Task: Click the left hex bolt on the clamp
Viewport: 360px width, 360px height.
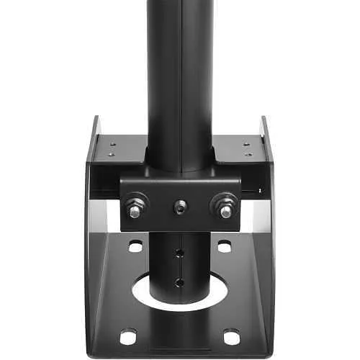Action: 135,208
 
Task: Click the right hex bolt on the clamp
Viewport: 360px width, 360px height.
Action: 225,208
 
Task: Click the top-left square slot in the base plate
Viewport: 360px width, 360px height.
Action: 135,246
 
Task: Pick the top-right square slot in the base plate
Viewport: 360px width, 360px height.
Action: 225,246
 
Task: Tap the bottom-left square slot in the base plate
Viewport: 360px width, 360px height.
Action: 128,336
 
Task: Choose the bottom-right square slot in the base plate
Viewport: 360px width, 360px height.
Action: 232,336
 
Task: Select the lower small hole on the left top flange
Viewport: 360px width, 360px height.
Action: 111,154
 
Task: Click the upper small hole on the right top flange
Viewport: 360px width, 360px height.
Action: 248,143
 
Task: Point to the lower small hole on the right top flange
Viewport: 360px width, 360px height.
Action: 248,154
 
